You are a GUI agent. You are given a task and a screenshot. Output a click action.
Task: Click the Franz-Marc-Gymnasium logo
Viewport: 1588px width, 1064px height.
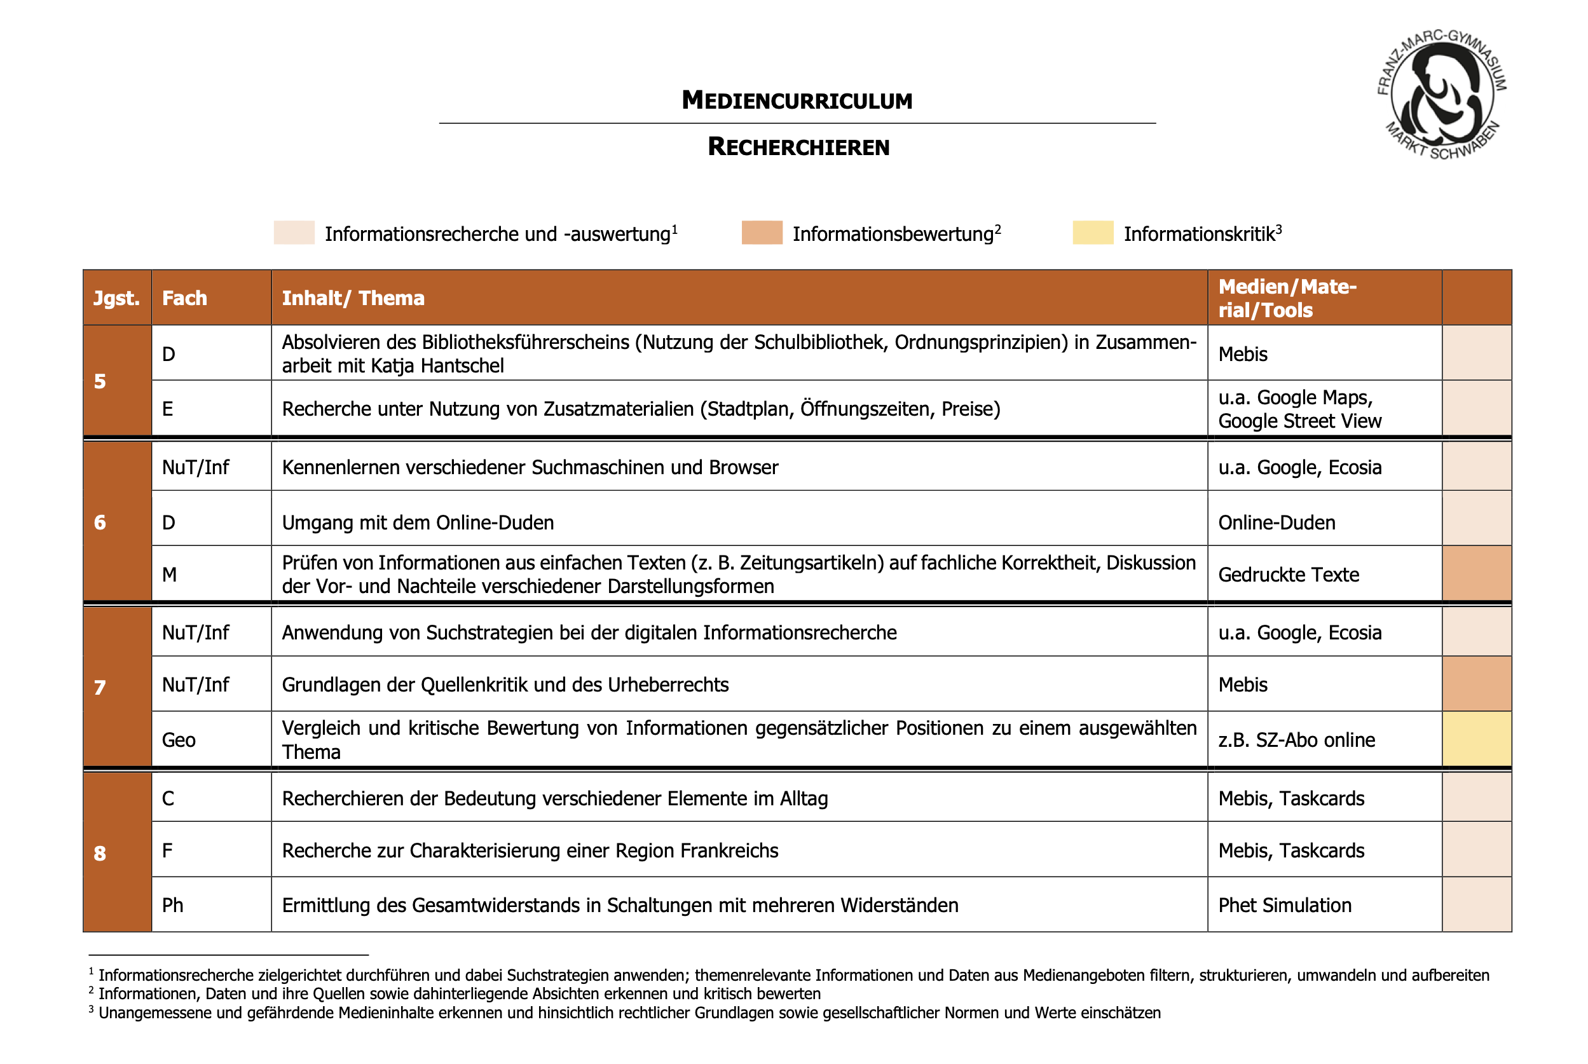1441,93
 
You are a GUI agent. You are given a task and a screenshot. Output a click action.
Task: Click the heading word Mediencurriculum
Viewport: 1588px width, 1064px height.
797,100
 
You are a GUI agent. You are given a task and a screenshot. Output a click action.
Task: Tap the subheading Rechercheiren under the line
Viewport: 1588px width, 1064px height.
798,147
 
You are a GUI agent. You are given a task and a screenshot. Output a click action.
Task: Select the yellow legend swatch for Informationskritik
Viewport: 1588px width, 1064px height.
1092,233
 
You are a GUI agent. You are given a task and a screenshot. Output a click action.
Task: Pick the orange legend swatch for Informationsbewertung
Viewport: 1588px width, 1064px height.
762,233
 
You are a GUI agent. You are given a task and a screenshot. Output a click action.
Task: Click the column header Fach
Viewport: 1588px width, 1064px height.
184,298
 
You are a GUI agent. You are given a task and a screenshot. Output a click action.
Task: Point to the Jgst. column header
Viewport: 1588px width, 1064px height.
117,298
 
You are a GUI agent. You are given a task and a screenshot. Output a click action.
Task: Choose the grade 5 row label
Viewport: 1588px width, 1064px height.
100,381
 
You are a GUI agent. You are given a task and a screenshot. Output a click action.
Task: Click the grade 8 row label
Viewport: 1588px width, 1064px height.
100,853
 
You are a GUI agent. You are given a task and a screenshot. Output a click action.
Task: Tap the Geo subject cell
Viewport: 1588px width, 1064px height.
179,740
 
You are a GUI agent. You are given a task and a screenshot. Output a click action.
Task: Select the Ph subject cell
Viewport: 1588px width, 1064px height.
172,905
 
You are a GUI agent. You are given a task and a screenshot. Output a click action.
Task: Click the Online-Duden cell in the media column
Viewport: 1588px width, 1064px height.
1276,522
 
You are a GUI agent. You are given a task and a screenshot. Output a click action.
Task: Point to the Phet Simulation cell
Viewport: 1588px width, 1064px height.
1284,905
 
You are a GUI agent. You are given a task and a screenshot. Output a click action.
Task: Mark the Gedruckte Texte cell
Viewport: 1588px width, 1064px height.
1288,575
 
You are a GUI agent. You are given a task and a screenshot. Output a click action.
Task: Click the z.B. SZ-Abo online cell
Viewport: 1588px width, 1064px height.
1296,740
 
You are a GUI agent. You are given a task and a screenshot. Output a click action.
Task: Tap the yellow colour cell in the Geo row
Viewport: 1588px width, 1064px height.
1476,740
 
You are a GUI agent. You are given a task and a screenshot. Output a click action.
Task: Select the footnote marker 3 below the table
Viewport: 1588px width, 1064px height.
91,1010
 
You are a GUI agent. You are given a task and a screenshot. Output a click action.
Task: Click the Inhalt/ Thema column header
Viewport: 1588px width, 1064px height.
353,298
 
